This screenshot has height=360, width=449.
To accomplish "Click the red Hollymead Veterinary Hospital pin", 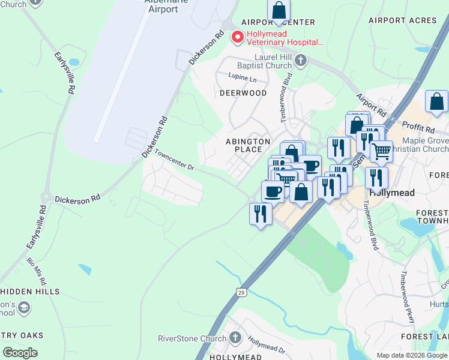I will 238,38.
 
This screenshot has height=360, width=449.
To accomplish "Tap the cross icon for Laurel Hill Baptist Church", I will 300,60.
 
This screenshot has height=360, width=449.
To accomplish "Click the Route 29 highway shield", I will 241,292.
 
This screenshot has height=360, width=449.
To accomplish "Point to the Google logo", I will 20,353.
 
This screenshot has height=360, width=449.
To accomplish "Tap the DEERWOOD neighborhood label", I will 243,93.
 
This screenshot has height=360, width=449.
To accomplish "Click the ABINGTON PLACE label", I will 244,145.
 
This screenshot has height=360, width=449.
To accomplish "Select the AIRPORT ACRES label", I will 403,20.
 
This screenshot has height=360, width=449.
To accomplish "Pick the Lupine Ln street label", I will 242,78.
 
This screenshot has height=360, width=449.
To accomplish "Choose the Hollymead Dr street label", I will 267,344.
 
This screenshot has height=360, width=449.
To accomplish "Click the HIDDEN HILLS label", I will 30,292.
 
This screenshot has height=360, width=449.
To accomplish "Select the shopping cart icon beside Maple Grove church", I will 381,152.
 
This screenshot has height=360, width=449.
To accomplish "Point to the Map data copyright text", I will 411,355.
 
